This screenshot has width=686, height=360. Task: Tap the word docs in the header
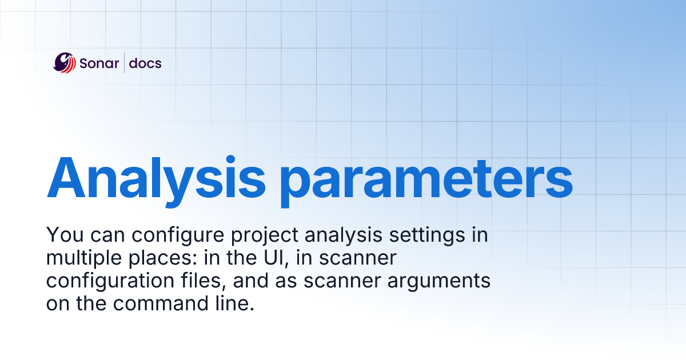[x=145, y=63]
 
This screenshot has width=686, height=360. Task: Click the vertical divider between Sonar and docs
[x=124, y=63]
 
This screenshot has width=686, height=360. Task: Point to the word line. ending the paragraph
[x=234, y=303]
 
